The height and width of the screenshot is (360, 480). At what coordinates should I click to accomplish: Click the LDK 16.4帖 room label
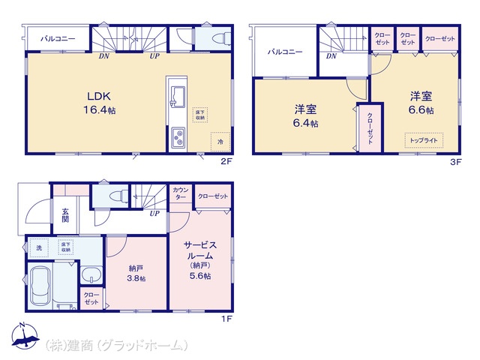[100, 103]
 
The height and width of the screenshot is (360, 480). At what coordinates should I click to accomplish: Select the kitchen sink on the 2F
[178, 95]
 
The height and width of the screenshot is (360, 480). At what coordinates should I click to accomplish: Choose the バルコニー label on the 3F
[284, 52]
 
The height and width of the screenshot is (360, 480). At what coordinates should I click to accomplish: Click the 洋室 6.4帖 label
[305, 117]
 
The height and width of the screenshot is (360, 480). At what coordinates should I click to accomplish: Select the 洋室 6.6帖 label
[420, 103]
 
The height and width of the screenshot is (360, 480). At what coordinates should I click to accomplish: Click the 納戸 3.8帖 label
[136, 271]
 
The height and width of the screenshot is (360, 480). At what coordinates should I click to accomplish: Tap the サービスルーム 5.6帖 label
[199, 259]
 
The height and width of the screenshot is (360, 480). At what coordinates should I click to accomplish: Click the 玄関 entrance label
[64, 217]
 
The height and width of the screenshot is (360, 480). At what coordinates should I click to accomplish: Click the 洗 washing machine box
[39, 247]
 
